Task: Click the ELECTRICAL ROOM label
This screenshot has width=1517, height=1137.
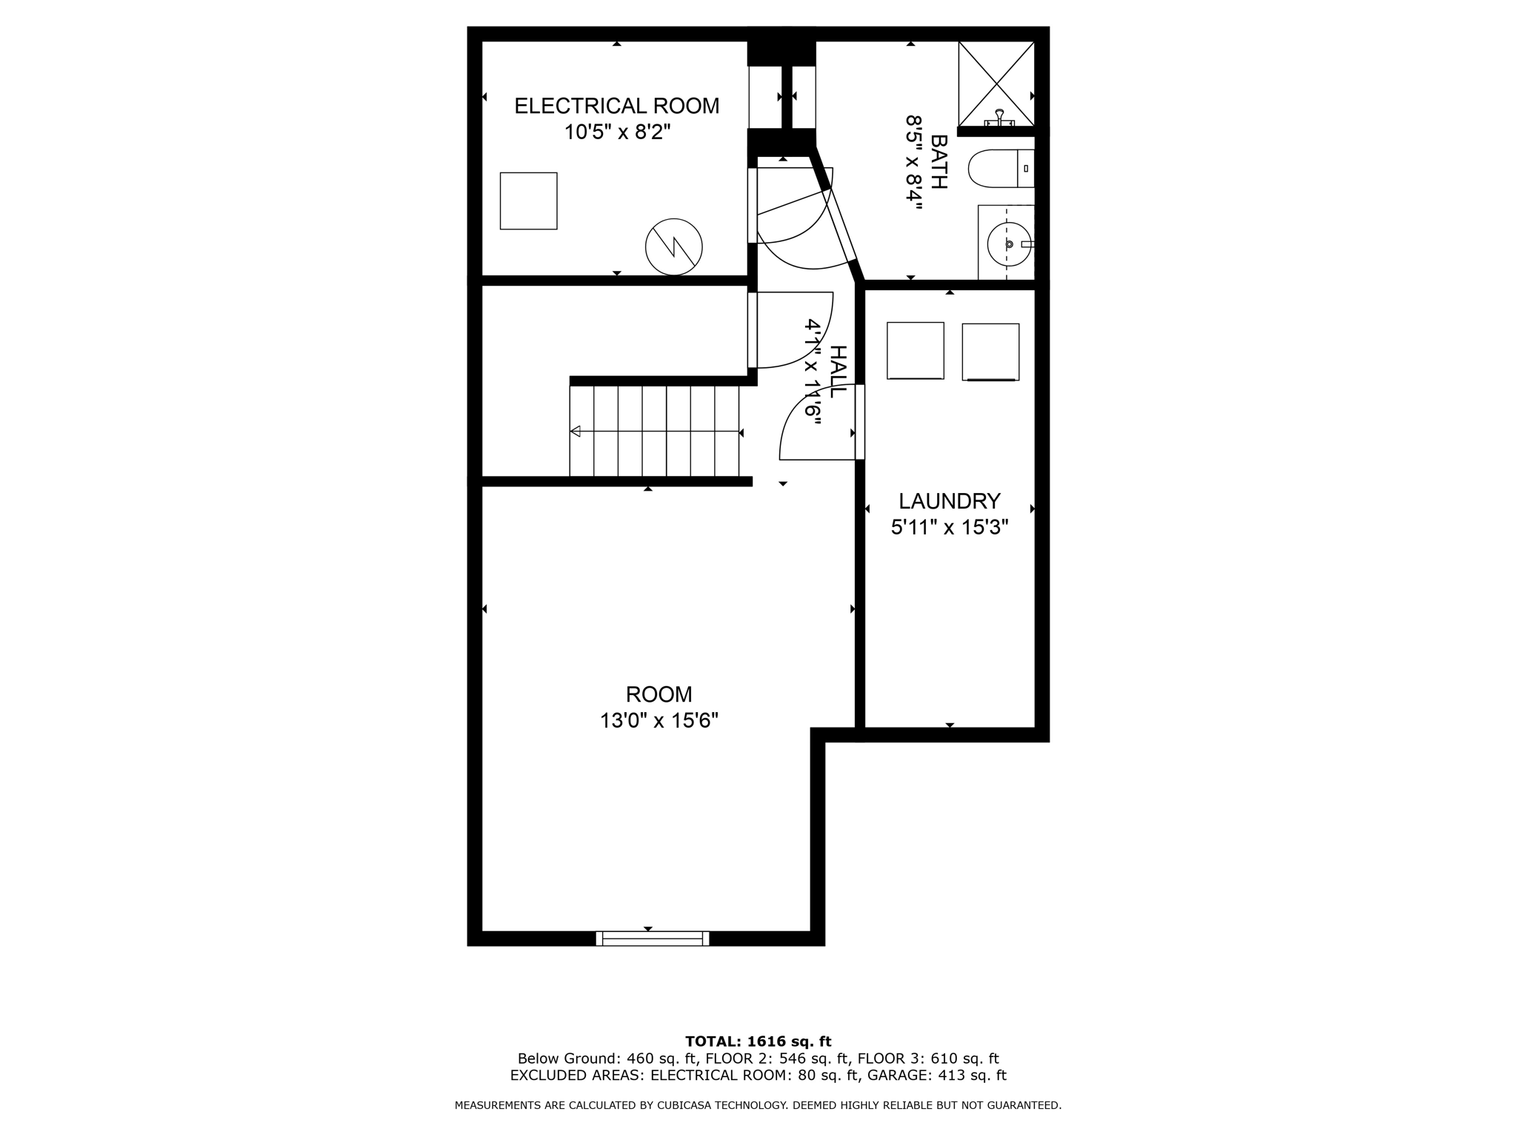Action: [616, 106]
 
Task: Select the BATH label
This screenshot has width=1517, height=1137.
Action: [938, 162]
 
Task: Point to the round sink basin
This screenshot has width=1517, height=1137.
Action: [1008, 244]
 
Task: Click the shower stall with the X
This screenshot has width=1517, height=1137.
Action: [996, 83]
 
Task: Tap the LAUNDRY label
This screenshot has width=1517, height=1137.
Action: [949, 501]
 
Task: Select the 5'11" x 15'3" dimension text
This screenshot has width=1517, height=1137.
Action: [949, 527]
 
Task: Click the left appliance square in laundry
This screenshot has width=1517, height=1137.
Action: [915, 351]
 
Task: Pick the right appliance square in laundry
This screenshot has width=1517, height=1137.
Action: [990, 352]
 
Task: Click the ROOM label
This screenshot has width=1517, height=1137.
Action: [659, 694]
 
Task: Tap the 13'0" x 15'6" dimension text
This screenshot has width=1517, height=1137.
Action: [659, 720]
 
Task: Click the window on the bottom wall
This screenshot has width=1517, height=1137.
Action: [652, 939]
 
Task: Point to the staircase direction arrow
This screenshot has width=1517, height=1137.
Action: [576, 432]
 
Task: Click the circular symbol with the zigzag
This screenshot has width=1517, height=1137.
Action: [673, 247]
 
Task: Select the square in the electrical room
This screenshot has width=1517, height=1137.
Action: [528, 201]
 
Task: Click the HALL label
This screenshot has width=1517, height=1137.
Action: [836, 372]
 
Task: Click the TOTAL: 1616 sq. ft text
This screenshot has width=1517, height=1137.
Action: [758, 1042]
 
